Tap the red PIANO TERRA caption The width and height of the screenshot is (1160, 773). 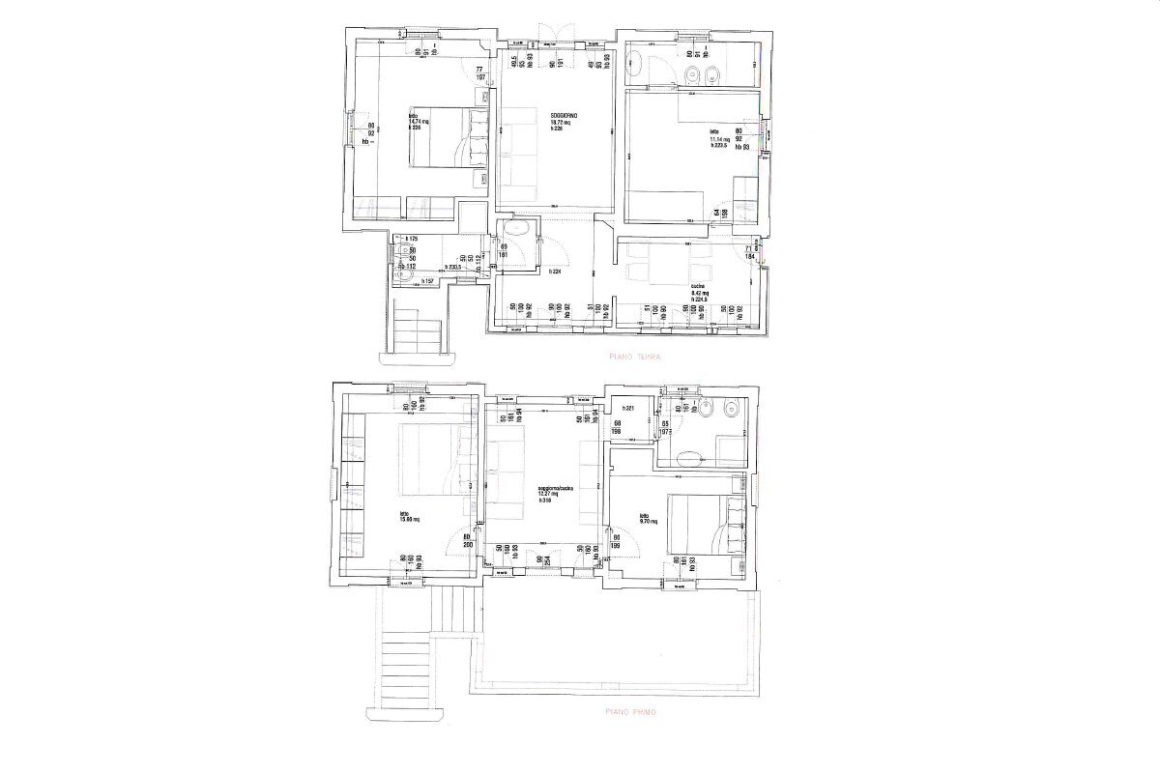[x=634, y=357]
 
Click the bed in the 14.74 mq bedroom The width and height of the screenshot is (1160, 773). [x=446, y=137]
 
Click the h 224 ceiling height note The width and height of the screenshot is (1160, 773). [x=555, y=272]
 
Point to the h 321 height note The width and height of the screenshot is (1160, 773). [x=626, y=408]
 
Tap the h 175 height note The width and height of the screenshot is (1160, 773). [x=410, y=239]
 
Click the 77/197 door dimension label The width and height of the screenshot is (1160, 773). [x=478, y=73]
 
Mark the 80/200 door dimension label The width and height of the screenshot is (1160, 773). [x=466, y=542]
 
